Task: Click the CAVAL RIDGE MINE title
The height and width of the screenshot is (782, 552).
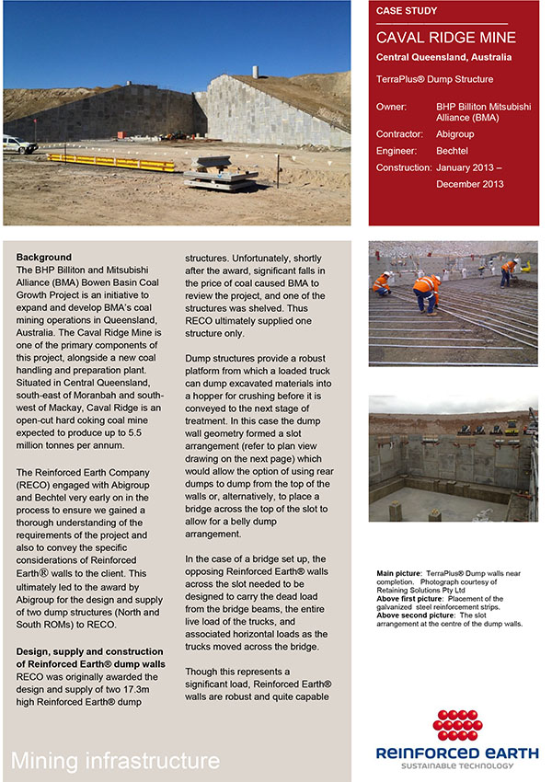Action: tap(445, 38)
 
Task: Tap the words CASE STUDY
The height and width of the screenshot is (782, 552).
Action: tap(407, 11)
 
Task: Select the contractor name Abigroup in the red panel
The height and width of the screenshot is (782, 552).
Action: tap(455, 134)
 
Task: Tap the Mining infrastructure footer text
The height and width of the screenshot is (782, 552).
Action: tap(116, 760)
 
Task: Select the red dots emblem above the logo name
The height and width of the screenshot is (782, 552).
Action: tap(458, 726)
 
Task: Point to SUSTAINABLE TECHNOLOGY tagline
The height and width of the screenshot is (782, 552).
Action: tap(457, 765)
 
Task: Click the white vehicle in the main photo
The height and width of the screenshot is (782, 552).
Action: tap(16, 144)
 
